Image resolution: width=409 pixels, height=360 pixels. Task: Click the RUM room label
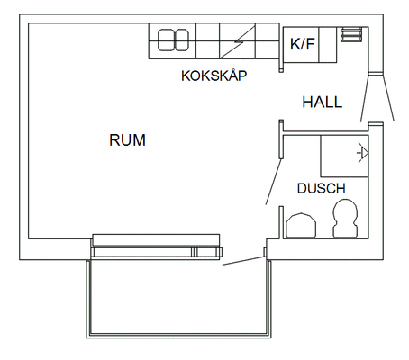[128, 140]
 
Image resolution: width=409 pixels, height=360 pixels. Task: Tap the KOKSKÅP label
[214, 75]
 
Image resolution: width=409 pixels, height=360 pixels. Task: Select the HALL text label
[323, 102]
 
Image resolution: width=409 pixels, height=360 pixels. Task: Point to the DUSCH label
[322, 188]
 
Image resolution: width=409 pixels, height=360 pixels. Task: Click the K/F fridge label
[302, 44]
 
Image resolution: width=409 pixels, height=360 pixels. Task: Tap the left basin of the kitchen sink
[166, 40]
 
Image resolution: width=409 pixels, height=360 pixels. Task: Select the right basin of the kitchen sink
[182, 40]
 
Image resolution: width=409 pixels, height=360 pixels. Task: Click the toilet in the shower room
[345, 219]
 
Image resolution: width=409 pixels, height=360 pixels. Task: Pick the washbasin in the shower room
[301, 225]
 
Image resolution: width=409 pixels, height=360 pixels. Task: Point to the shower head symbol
[363, 153]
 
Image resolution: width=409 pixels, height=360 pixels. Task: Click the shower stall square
[344, 156]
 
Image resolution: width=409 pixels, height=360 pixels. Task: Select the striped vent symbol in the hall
[350, 34]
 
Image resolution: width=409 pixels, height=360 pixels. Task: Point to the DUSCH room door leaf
[274, 182]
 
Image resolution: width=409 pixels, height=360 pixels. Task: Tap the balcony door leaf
[243, 261]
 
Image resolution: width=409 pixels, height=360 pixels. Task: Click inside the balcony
[178, 297]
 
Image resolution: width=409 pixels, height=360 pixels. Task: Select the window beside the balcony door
[156, 247]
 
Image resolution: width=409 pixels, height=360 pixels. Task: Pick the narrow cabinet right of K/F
[328, 45]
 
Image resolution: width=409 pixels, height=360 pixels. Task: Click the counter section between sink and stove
[208, 41]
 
